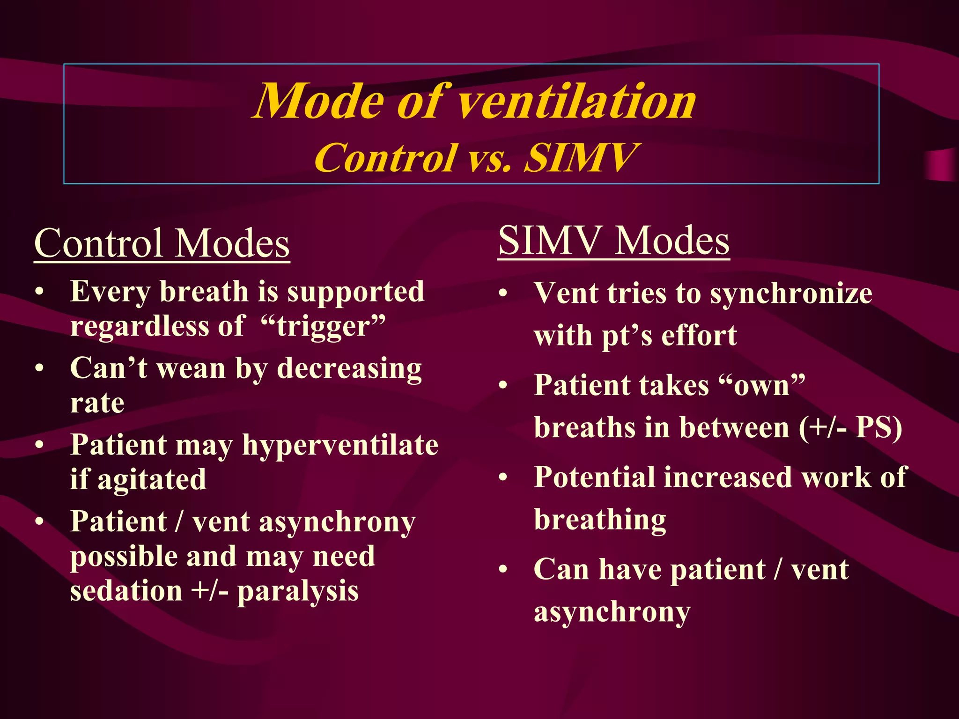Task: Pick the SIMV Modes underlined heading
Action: tap(613, 241)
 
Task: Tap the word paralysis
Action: tap(298, 591)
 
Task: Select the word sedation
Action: tap(126, 591)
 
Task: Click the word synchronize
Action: tap(791, 294)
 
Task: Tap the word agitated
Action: tap(152, 479)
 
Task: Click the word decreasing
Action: tap(349, 369)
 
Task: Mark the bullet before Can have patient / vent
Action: tap(503, 569)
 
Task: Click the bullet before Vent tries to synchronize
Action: tap(503, 294)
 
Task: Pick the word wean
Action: tap(192, 369)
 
